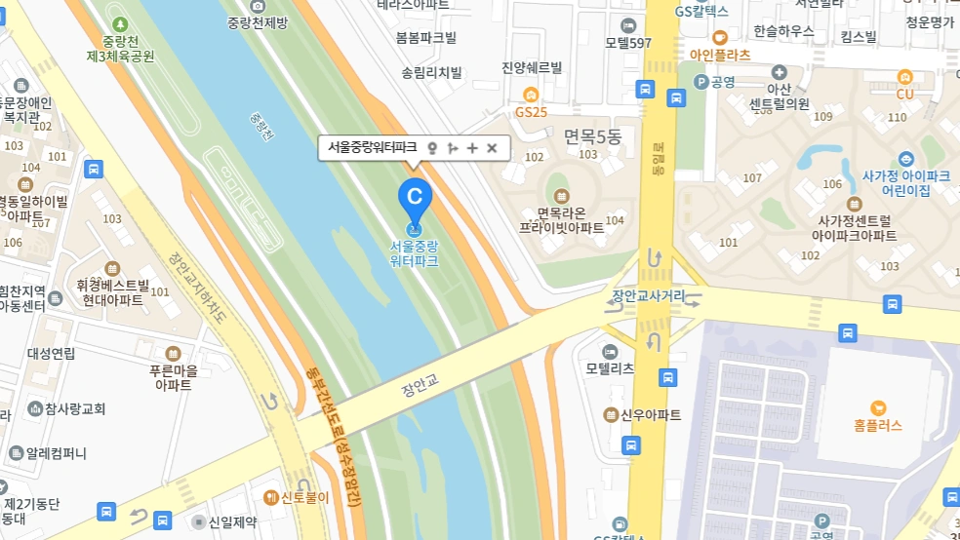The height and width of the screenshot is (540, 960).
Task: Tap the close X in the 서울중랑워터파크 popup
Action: (492, 148)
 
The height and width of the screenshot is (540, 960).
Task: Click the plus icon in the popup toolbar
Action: (472, 148)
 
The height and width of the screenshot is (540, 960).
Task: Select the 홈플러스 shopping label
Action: (877, 425)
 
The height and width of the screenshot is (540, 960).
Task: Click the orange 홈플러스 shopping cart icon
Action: (877, 407)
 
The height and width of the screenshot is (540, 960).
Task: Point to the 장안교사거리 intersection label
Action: (648, 295)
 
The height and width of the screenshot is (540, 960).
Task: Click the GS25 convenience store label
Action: (532, 112)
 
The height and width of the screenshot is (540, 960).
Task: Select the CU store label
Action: (904, 95)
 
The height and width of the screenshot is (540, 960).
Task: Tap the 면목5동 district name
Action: (592, 136)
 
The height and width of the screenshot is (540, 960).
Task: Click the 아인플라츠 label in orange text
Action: (720, 55)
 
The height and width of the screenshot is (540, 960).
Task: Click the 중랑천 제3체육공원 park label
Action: (120, 48)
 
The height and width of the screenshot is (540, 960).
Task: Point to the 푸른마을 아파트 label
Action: (174, 377)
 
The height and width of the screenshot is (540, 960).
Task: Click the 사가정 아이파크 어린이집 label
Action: (906, 182)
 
